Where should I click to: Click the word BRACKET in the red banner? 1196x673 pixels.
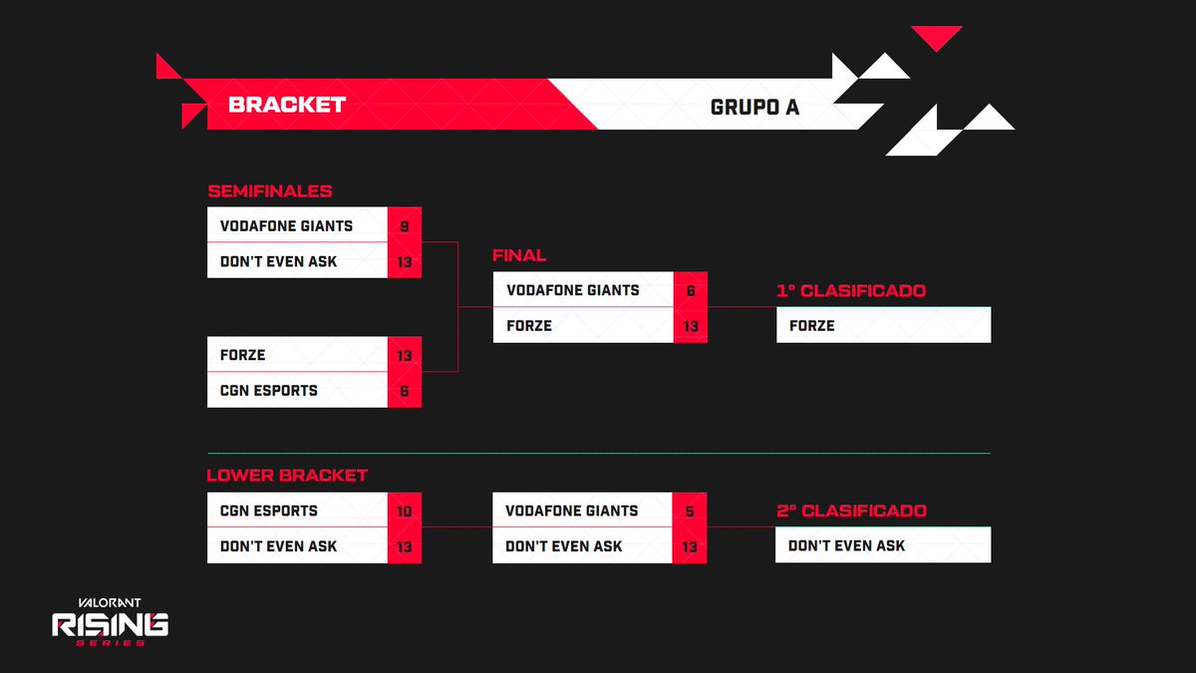coord(287,105)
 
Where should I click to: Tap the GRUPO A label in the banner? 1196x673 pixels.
coord(754,107)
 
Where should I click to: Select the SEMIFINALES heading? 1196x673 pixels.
coord(269,191)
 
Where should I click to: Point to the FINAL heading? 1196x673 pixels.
coord(519,256)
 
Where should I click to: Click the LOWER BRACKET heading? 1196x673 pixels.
coord(287,476)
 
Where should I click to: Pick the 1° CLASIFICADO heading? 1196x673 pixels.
coord(851,291)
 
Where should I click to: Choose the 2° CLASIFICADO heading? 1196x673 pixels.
coord(851,510)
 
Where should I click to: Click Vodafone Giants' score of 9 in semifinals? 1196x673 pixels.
coord(404,226)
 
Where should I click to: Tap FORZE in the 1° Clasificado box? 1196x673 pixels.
coord(811,325)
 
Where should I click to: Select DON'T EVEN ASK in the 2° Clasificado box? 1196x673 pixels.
coord(846,545)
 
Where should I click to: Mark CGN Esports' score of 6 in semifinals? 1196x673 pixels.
coord(404,391)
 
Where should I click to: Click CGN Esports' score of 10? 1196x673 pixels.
coord(404,511)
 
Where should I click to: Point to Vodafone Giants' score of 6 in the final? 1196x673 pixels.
coord(690,291)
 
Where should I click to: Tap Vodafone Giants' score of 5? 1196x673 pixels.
coord(690,511)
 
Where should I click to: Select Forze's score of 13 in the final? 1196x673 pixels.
coord(690,326)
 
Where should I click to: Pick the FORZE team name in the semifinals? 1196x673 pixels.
coord(242,355)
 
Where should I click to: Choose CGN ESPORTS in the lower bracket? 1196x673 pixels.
coord(268,510)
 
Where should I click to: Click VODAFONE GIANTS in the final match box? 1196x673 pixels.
coord(573,290)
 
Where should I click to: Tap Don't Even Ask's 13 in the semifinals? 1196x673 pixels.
coord(404,262)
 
